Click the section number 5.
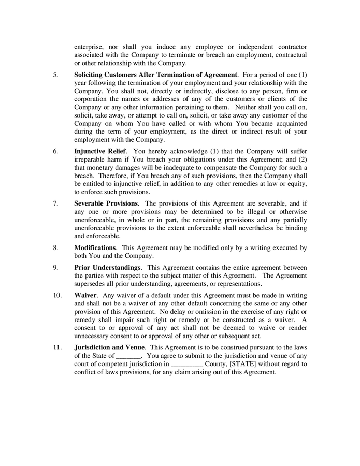[55, 75]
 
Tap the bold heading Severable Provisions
[106, 203]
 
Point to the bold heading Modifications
[95, 248]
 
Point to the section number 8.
[55, 248]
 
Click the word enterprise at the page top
[91, 47]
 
